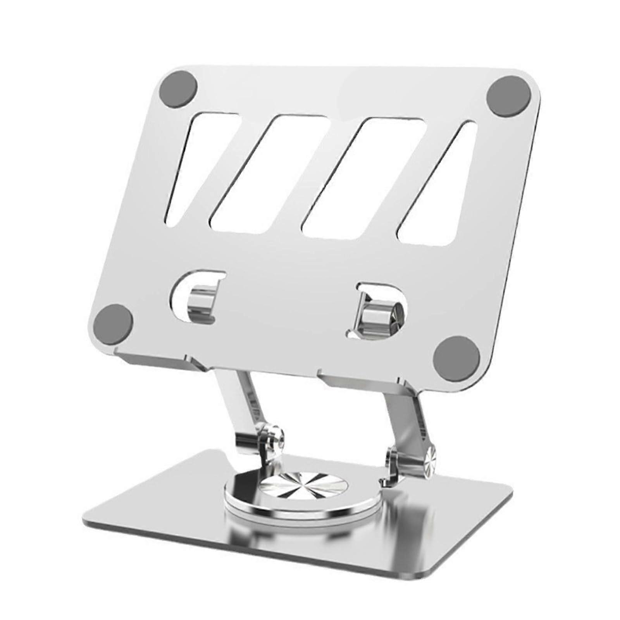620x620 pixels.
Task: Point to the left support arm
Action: (240, 403)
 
